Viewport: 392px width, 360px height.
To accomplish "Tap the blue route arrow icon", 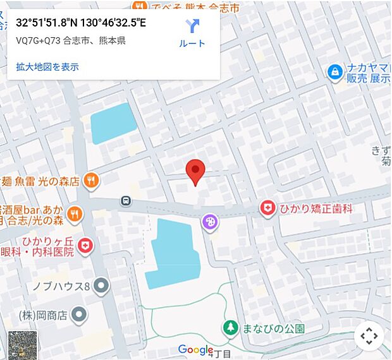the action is [x=192, y=26].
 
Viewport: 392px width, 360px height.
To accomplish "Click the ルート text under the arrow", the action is [x=192, y=44].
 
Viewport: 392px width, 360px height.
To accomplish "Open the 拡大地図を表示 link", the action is [x=47, y=66].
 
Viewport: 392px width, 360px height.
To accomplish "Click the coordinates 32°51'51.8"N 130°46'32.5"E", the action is [x=81, y=24].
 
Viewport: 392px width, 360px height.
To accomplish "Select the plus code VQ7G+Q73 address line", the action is [x=70, y=41].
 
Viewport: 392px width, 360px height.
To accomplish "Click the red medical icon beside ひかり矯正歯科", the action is [x=268, y=208].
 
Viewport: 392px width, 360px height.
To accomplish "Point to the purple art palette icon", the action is [x=209, y=222].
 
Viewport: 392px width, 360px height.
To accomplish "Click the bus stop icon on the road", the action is [x=126, y=201].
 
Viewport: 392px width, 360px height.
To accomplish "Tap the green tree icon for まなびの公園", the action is [x=230, y=328].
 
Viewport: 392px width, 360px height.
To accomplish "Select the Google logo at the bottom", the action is [x=195, y=349].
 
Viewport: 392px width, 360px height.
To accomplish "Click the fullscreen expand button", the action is [x=369, y=336].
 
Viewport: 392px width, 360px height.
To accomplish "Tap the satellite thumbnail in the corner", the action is [x=22, y=345].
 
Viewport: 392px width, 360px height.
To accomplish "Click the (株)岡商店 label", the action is [x=42, y=314].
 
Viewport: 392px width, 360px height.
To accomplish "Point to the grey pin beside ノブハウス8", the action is [x=101, y=287].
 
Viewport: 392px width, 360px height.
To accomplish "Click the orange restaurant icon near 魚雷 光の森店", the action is [x=92, y=181].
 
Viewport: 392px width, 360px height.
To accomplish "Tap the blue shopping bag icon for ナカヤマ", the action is [x=334, y=73].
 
